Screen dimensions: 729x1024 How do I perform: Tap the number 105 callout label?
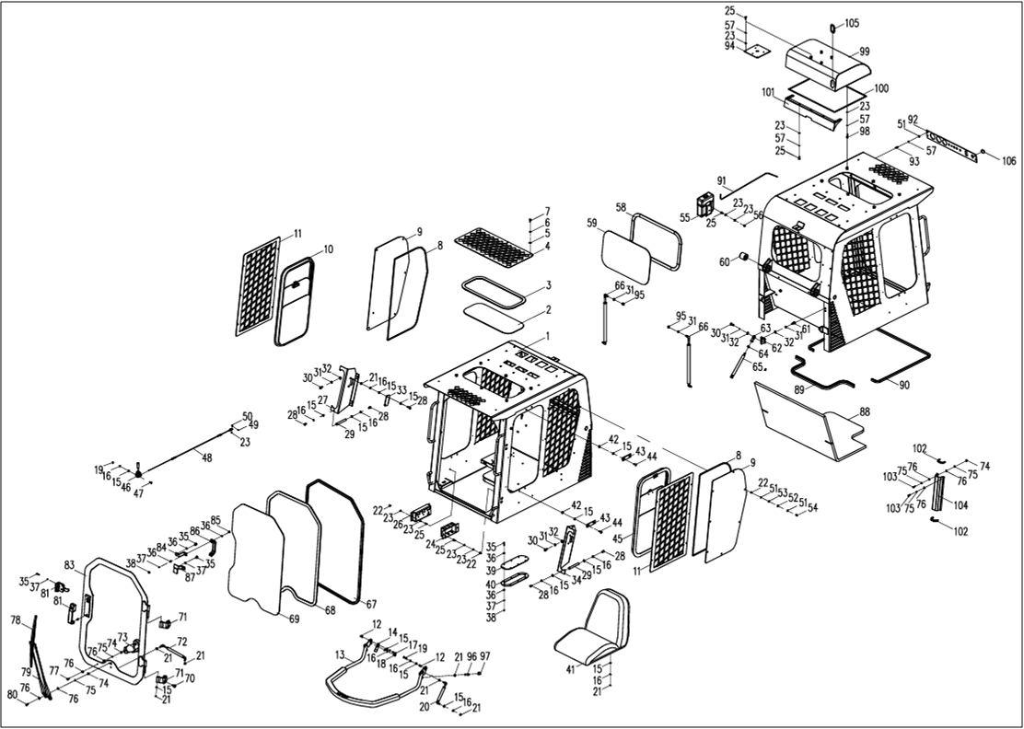pyautogui.click(x=850, y=23)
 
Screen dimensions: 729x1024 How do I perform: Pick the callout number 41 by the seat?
pyautogui.click(x=570, y=669)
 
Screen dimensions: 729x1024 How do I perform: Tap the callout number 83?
pyautogui.click(x=69, y=564)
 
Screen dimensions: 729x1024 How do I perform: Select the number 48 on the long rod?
pyautogui.click(x=206, y=457)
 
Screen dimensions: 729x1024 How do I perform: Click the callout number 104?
pyautogui.click(x=961, y=505)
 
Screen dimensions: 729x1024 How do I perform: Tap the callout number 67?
pyautogui.click(x=371, y=604)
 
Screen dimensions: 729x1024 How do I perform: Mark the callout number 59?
pyautogui.click(x=592, y=223)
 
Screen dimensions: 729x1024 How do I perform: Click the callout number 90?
pyautogui.click(x=903, y=385)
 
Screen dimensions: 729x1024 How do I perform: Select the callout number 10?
pyautogui.click(x=329, y=249)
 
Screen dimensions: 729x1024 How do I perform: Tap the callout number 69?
pyautogui.click(x=294, y=619)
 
